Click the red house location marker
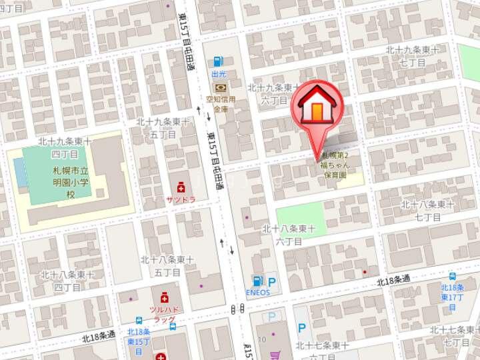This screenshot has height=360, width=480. (x=317, y=107)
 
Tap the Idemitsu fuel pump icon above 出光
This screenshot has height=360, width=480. (x=219, y=62)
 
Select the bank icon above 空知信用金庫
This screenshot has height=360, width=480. (x=219, y=87)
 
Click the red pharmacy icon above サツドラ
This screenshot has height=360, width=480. (x=180, y=188)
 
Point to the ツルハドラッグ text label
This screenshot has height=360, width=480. (x=164, y=315)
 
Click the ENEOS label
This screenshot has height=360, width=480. (x=257, y=292)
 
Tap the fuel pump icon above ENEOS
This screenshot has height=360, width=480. (x=257, y=281)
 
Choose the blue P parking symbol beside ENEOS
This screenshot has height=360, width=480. (x=272, y=283)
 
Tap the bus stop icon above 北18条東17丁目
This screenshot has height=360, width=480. (x=453, y=277)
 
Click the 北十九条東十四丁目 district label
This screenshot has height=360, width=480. (x=65, y=147)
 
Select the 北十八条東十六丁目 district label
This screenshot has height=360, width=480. (x=288, y=235)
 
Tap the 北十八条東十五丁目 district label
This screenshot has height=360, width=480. (x=167, y=265)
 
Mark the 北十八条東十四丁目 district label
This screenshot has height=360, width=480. (x=67, y=281)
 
